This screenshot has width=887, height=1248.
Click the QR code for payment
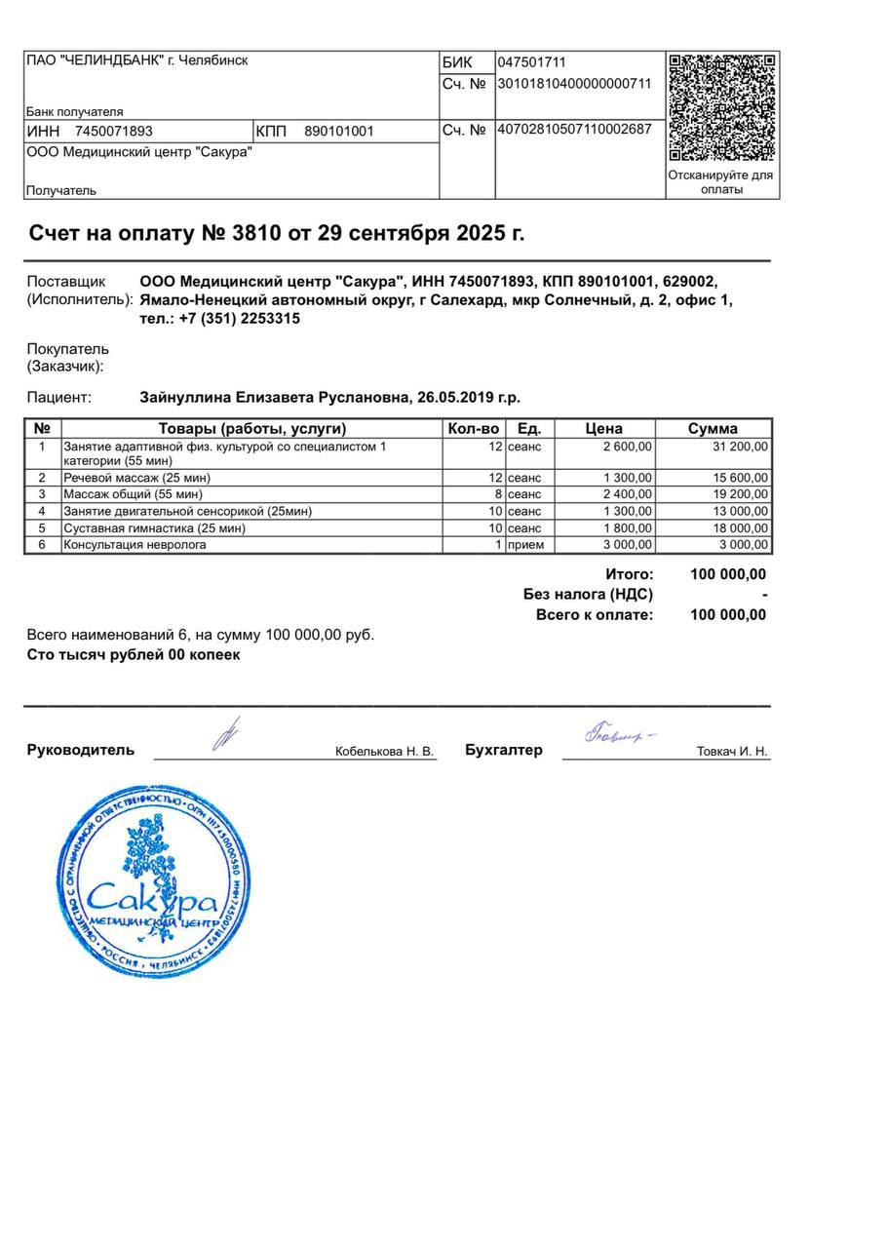point(722,107)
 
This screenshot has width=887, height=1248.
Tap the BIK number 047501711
point(532,62)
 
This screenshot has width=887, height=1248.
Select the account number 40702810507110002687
point(574,129)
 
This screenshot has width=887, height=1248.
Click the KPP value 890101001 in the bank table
point(339,132)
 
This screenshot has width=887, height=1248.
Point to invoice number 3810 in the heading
point(254,234)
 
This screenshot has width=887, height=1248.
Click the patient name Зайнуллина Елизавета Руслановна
point(276,398)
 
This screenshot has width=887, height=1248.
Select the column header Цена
point(604,428)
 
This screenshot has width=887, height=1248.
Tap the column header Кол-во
point(473,428)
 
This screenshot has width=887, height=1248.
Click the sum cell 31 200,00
point(741,447)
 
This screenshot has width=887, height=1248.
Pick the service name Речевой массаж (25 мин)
point(137,478)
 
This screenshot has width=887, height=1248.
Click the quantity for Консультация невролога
point(498,545)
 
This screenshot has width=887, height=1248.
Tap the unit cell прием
point(526,545)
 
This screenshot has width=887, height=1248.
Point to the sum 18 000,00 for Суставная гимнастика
point(741,528)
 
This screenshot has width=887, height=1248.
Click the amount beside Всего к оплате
point(727,615)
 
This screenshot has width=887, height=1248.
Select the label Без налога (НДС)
point(588,595)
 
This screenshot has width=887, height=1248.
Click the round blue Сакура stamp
point(154,882)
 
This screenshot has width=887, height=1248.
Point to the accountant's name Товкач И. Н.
point(732,752)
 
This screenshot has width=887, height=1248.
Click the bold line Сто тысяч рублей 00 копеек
point(134,655)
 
